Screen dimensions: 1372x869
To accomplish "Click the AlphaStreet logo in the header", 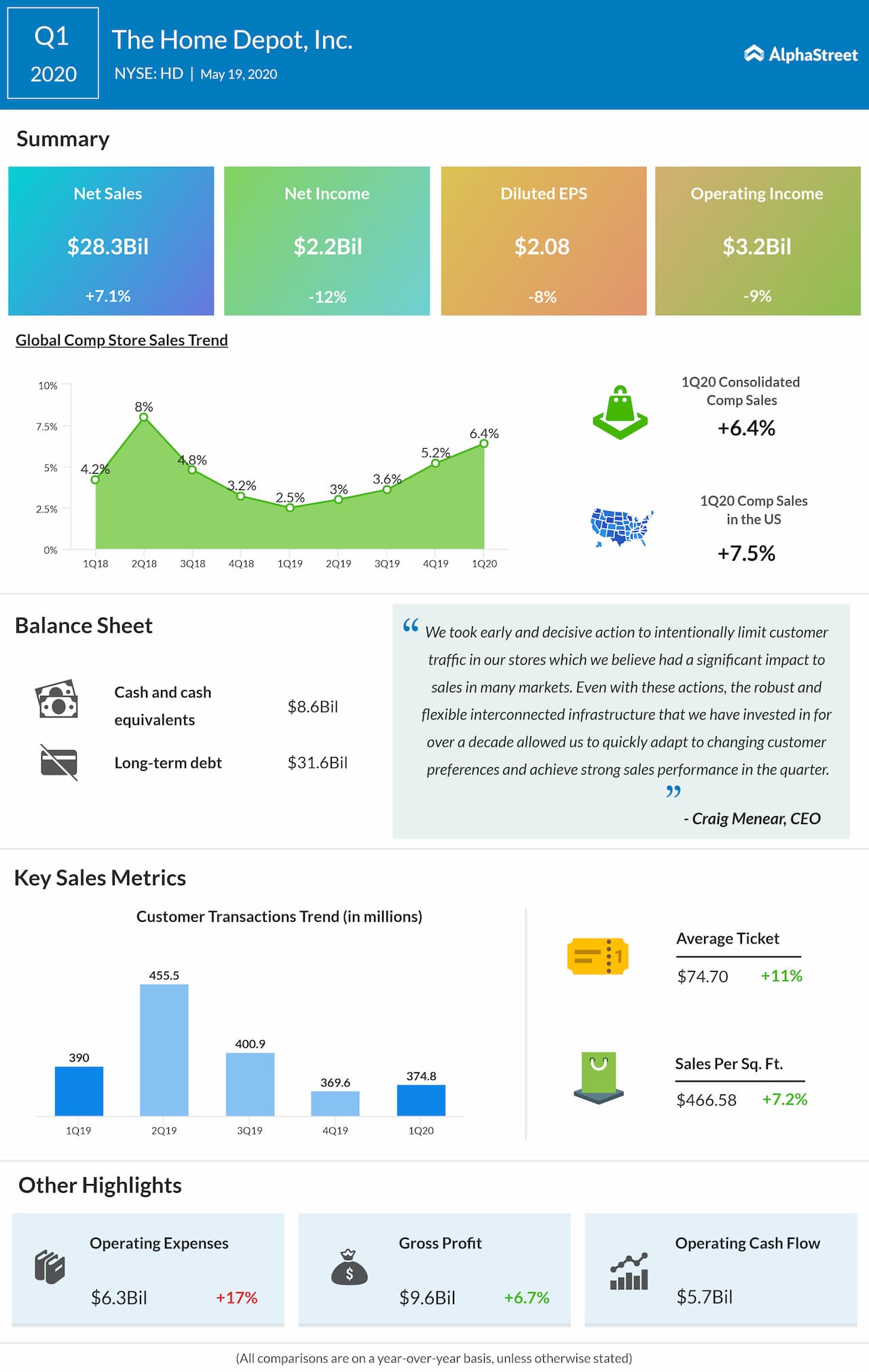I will (x=801, y=54).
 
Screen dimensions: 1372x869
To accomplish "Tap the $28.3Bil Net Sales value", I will (x=108, y=246).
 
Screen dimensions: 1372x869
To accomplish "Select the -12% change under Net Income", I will (x=327, y=297).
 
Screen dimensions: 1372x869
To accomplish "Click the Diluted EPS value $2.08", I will (x=542, y=246).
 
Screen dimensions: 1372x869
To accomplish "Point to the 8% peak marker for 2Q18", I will (x=144, y=418).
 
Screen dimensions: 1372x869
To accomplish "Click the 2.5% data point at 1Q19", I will (x=290, y=507).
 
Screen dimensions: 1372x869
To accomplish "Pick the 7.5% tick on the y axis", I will (x=47, y=426).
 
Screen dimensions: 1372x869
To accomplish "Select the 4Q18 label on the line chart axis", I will (x=241, y=563).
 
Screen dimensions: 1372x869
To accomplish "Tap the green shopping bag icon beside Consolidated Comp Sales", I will (x=620, y=413).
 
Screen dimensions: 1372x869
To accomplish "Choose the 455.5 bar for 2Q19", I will (x=164, y=1049).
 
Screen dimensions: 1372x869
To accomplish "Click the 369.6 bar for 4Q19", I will (x=335, y=1103).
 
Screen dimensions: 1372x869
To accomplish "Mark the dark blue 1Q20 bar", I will (x=421, y=1100).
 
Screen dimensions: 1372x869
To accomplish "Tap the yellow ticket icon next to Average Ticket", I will (x=597, y=956).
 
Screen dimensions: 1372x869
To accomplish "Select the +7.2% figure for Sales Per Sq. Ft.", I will (x=785, y=1099).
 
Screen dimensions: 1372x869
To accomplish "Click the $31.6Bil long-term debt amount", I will (x=317, y=762).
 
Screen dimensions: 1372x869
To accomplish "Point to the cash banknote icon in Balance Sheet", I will (x=57, y=699).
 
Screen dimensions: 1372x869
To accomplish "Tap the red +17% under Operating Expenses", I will (x=236, y=1297).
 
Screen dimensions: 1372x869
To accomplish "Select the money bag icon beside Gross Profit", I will (x=349, y=1267).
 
